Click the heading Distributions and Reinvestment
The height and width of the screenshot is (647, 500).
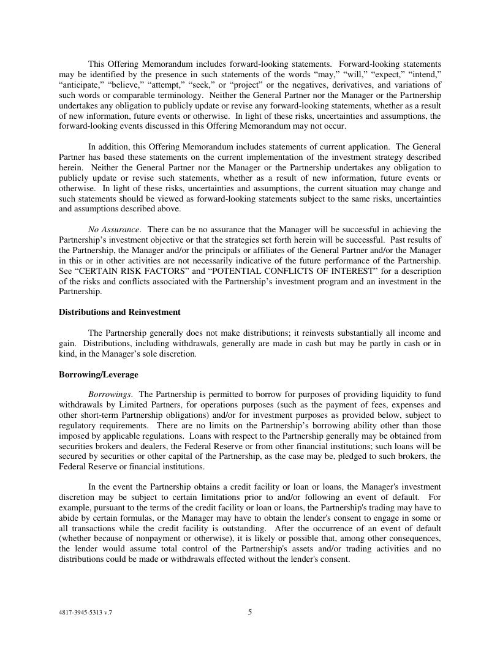119,312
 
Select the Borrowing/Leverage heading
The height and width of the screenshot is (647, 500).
98,374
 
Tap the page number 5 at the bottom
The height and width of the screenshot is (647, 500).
250,611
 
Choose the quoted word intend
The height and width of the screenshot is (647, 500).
425,74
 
